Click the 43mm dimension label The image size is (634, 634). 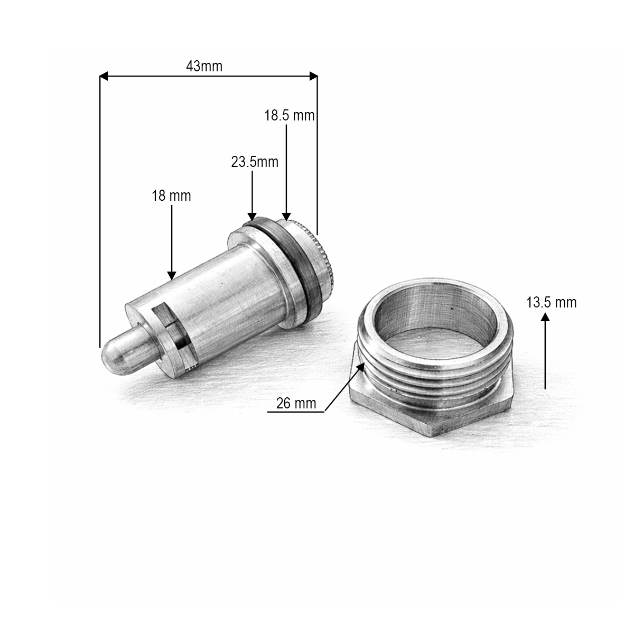[204, 67]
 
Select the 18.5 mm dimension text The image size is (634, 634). [289, 116]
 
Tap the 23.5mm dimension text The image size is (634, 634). [254, 162]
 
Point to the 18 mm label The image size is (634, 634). [171, 196]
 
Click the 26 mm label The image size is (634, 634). [296, 404]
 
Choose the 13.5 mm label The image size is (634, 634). [551, 303]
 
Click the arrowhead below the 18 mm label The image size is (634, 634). [172, 275]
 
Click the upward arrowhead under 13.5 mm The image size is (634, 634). [545, 318]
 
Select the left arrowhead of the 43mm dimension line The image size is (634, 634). [104, 77]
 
